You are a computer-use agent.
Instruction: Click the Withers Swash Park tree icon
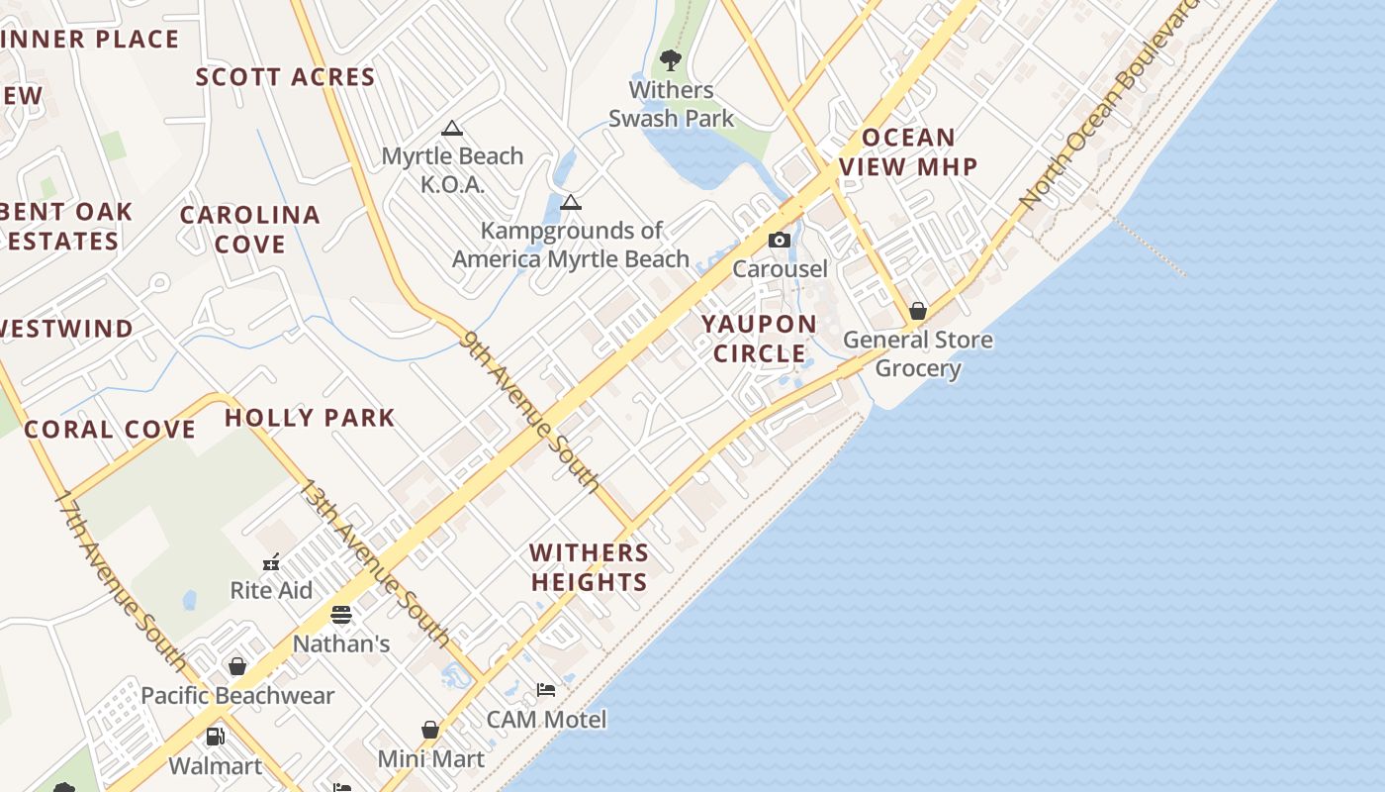pyautogui.click(x=671, y=60)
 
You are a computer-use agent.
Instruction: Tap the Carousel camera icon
pyautogui.click(x=780, y=241)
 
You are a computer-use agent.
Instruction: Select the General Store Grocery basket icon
pyautogui.click(x=918, y=311)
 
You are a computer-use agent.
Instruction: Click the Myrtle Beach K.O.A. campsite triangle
pyautogui.click(x=452, y=128)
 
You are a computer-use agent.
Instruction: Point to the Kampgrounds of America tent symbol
pyautogui.click(x=570, y=203)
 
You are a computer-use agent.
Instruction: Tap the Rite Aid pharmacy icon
pyautogui.click(x=271, y=562)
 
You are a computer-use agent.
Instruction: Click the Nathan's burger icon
pyautogui.click(x=341, y=615)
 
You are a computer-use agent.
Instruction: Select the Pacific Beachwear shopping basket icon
pyautogui.click(x=237, y=666)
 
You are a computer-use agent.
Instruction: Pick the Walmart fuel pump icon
pyautogui.click(x=215, y=737)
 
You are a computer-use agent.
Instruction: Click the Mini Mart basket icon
pyautogui.click(x=430, y=730)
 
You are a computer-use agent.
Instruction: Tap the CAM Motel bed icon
pyautogui.click(x=546, y=690)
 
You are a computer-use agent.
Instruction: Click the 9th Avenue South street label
pyautogui.click(x=530, y=411)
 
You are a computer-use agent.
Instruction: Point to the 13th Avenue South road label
pyautogui.click(x=375, y=562)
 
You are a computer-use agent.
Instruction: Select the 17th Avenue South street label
pyautogui.click(x=119, y=578)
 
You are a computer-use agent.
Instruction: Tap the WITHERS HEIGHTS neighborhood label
pyautogui.click(x=589, y=567)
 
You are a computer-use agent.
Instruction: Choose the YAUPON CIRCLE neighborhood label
pyautogui.click(x=760, y=339)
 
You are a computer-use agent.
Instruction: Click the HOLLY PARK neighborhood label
pyautogui.click(x=310, y=418)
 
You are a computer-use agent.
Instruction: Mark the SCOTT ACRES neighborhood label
pyautogui.click(x=285, y=77)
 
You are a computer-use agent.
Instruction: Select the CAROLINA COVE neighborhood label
pyautogui.click(x=249, y=229)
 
